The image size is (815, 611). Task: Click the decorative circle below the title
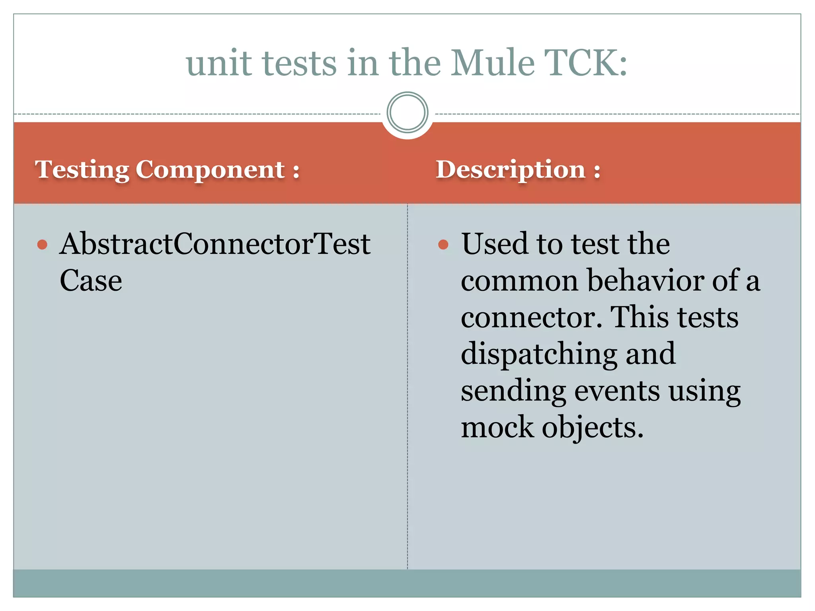pyautogui.click(x=407, y=112)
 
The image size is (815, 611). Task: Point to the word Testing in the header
pyautogui.click(x=82, y=170)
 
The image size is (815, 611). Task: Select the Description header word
pyautogui.click(x=511, y=170)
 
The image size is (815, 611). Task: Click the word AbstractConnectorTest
pyautogui.click(x=215, y=243)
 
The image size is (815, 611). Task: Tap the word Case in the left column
pyautogui.click(x=91, y=280)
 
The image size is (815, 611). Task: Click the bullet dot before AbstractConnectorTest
pyautogui.click(x=42, y=244)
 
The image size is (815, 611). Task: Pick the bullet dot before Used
pyautogui.click(x=443, y=244)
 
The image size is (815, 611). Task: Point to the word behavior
pyautogui.click(x=645, y=280)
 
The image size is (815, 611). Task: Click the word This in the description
pyautogui.click(x=638, y=317)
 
